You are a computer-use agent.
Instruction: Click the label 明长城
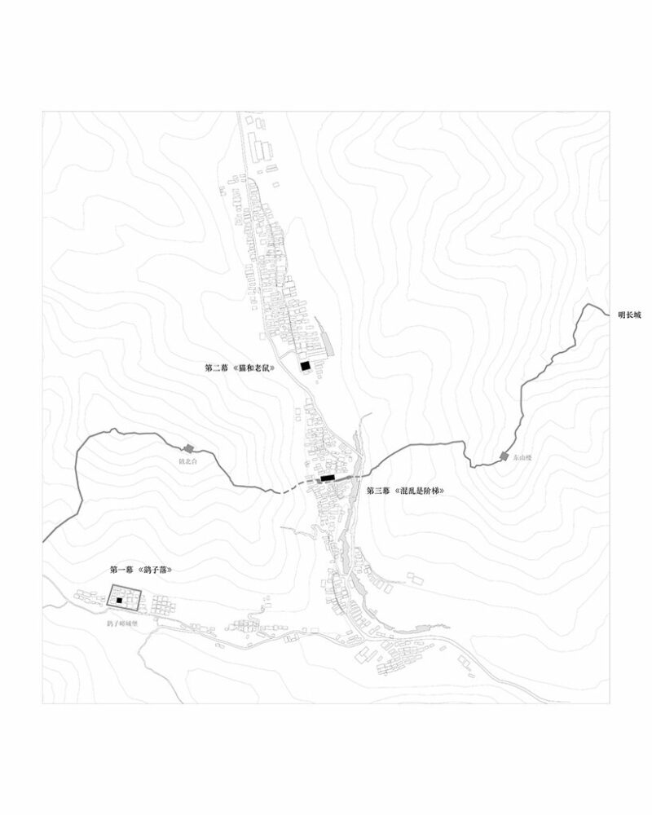pos(630,314)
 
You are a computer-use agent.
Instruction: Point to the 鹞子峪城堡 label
pos(123,623)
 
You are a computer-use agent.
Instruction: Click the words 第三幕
pos(379,491)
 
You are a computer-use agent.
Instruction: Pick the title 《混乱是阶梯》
pos(420,491)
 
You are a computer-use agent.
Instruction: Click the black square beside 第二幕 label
pos(305,367)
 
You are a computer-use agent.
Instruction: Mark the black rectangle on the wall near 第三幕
pos(328,478)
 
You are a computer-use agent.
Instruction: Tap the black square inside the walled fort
pos(119,601)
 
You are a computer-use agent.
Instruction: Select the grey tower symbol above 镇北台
pos(189,447)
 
